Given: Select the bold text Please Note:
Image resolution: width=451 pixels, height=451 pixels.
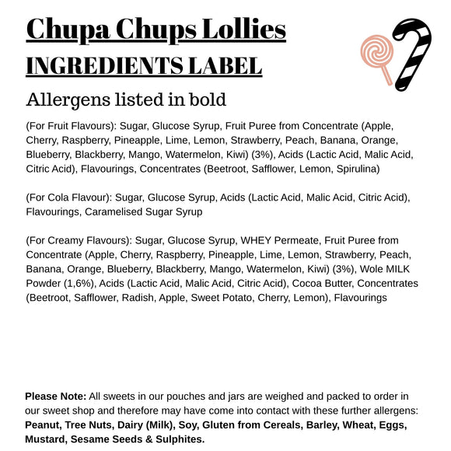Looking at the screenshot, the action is pos(55,397).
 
